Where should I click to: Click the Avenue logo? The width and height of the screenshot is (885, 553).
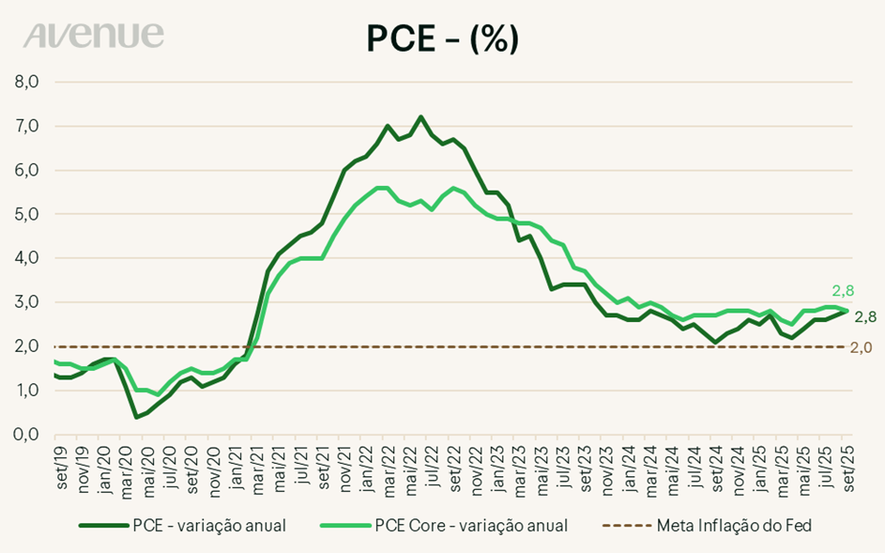pos(94,36)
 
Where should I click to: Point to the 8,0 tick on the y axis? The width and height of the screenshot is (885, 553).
pos(26,82)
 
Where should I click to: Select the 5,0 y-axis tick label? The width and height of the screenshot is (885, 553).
pos(26,213)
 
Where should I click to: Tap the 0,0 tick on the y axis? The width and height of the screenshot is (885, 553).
pos(26,434)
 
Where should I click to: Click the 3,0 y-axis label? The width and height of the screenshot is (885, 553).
pos(26,301)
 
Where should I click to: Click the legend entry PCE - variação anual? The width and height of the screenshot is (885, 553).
pos(182,525)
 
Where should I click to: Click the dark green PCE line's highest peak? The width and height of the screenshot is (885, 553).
pos(420,116)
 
